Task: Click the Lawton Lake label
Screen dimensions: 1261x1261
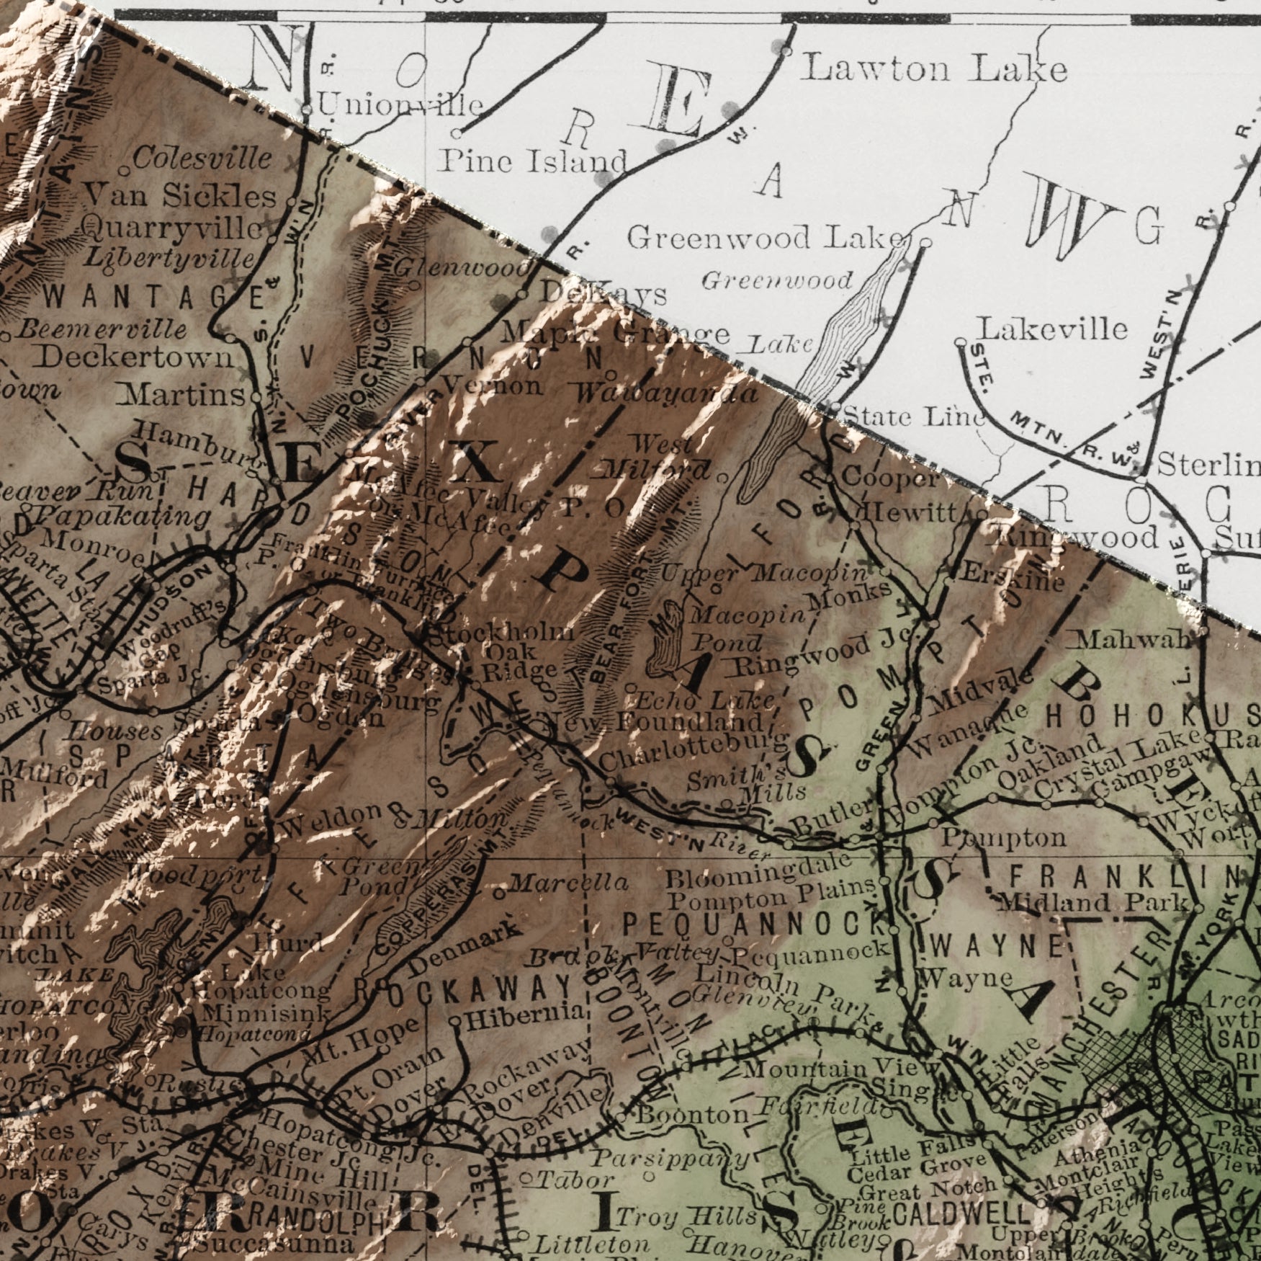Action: tap(934, 70)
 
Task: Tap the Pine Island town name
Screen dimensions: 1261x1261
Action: tap(533, 160)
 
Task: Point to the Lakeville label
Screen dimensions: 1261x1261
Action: tap(1051, 329)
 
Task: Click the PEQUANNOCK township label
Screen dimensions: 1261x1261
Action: tap(753, 923)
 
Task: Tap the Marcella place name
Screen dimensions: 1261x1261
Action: tap(569, 883)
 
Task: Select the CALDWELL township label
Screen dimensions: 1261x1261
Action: tap(961, 1213)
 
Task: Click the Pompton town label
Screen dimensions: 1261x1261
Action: tap(1004, 837)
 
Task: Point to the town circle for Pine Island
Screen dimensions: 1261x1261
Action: tap(457, 133)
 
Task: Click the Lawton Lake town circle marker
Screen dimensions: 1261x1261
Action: tap(786, 51)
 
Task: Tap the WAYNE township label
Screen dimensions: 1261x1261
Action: tap(997, 945)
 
